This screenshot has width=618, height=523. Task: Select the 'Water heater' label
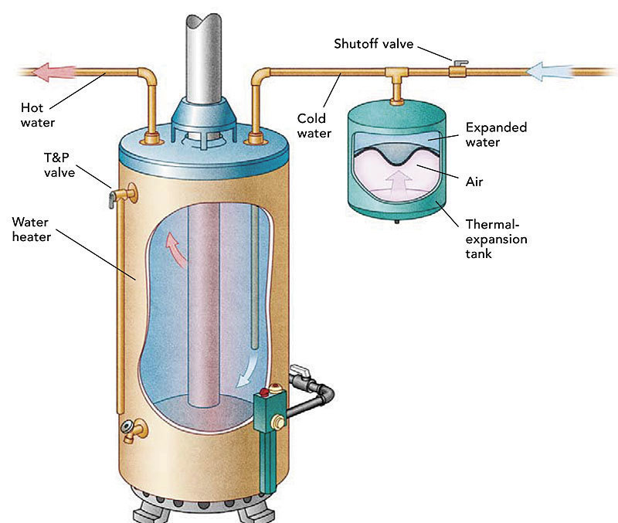click(x=32, y=229)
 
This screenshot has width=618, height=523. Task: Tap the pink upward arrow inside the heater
click(x=178, y=248)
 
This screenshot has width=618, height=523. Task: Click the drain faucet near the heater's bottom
click(x=138, y=428)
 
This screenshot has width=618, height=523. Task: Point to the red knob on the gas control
click(x=270, y=388)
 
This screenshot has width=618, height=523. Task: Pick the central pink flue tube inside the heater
click(x=205, y=309)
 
